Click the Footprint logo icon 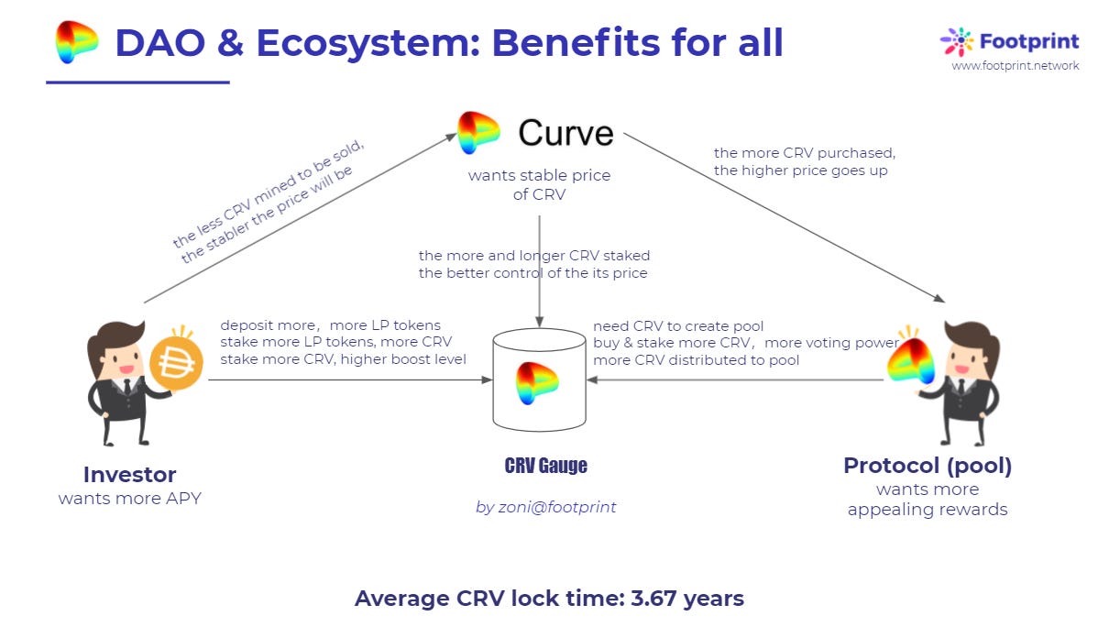coord(957,41)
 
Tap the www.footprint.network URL coord(1015,66)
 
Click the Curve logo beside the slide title coord(76,42)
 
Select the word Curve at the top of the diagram coord(565,133)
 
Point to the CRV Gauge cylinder coord(539,381)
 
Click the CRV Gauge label coord(545,466)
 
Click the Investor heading coord(129,475)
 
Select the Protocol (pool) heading coord(928,466)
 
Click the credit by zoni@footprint coord(545,506)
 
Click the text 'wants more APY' coord(129,500)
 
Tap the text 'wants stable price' coord(539,175)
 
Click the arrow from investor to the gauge coord(348,379)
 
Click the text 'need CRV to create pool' coord(678,326)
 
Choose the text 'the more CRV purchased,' coord(804,152)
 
